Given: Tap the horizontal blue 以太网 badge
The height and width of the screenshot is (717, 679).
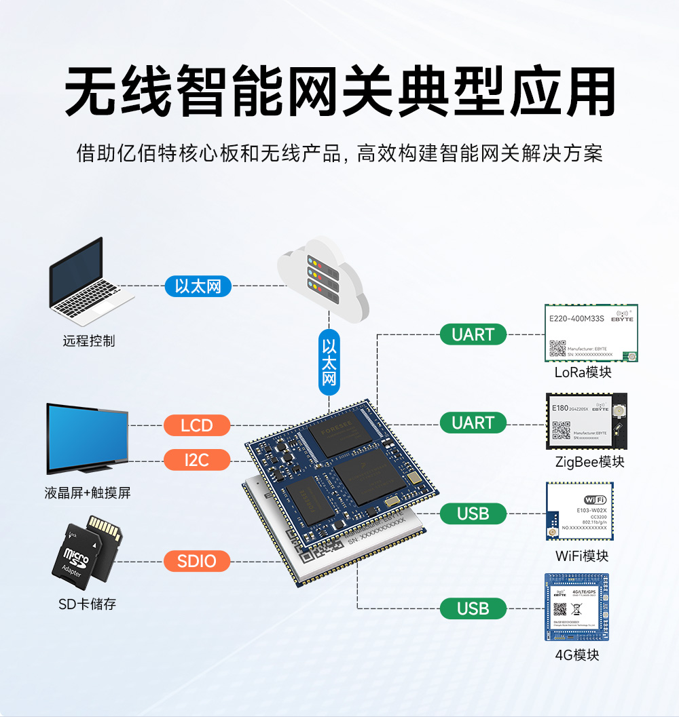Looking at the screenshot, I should pos(198,286).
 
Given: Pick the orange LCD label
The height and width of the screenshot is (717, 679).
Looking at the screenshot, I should pos(197,426).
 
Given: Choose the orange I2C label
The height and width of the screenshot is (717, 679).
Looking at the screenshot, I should pos(197,460).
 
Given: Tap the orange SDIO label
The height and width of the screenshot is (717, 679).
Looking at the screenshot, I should pos(197,561).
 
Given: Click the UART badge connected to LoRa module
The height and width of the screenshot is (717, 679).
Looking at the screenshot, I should pos(473,334).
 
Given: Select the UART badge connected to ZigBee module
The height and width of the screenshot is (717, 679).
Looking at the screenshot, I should pos(473,423).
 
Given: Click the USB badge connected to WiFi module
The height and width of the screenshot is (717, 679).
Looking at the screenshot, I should pos(473,513).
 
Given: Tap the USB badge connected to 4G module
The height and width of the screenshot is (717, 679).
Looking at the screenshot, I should pos(473,608).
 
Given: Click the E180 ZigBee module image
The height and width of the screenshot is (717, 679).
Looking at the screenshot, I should pos(586,421).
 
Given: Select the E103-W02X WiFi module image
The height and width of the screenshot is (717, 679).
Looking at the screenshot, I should pos(580,511).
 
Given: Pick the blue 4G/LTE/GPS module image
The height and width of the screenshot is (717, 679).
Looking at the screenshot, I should pos(576,607).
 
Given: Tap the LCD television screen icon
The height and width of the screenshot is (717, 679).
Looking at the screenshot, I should pos(87,438).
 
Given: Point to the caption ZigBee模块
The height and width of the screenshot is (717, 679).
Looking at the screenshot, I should pos(589,462).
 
